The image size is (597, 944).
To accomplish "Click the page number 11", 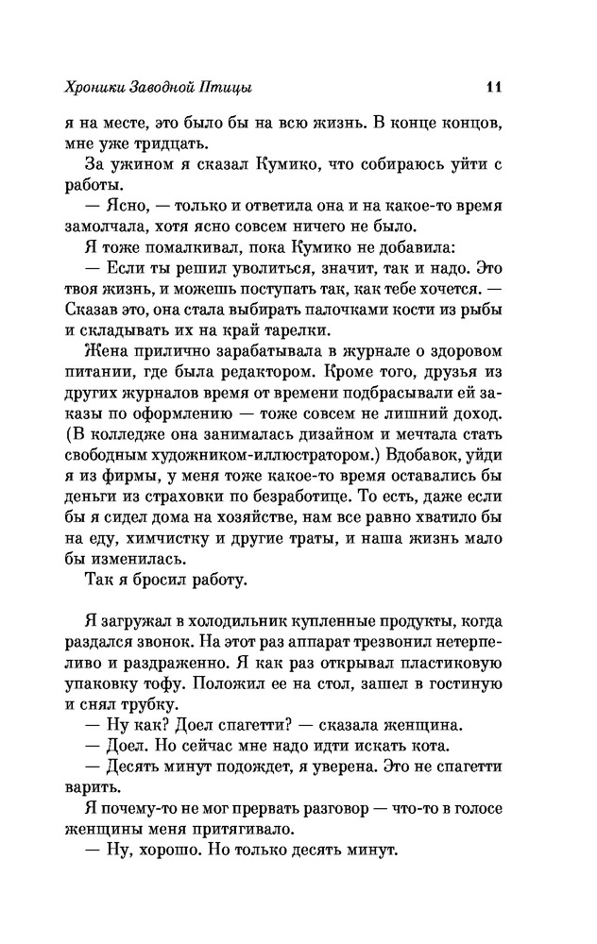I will (492, 88).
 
